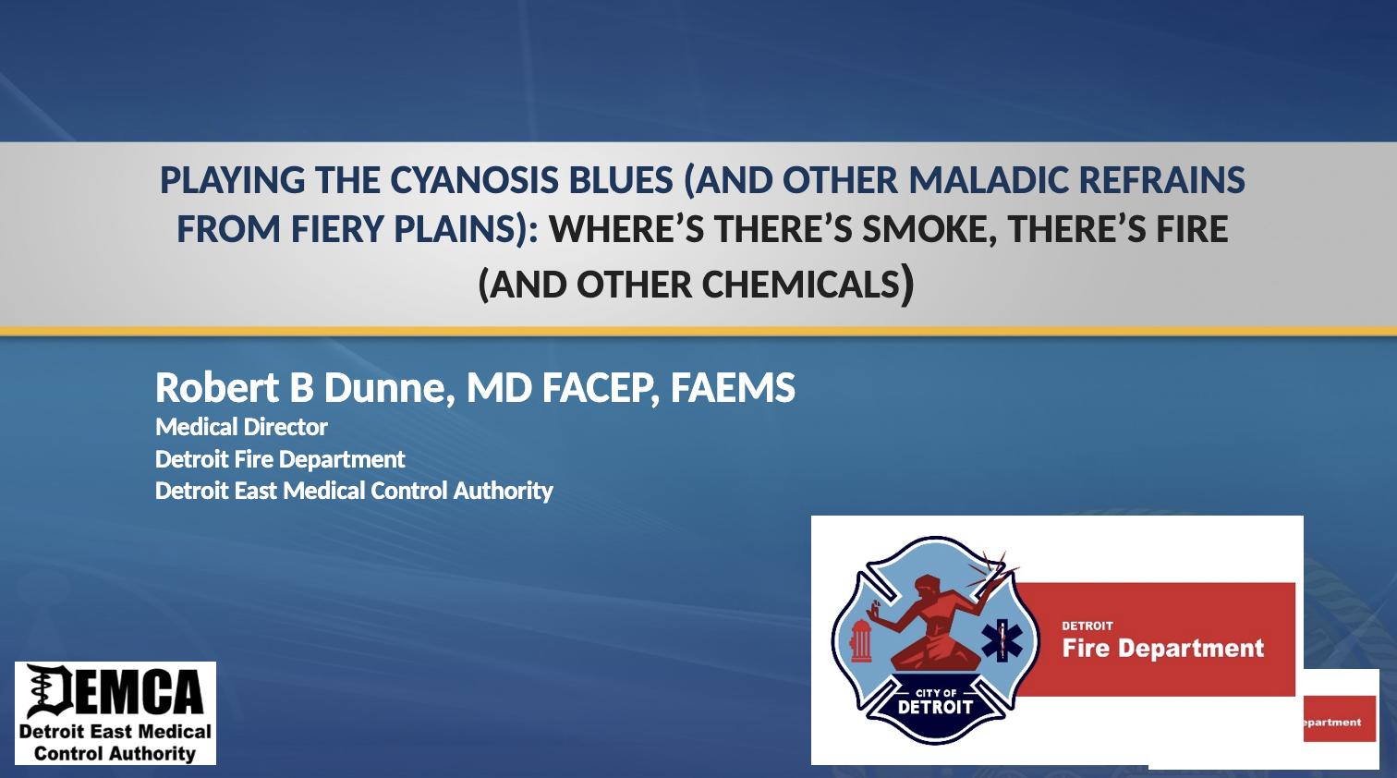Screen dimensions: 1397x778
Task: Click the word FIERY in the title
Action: (336, 229)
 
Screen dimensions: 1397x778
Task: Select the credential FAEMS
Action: (733, 387)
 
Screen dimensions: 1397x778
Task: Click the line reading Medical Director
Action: (241, 428)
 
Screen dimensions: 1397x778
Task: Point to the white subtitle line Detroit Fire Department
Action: (280, 460)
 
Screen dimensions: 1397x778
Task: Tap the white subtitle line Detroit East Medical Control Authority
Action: (354, 491)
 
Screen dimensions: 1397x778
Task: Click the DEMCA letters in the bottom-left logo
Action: (115, 691)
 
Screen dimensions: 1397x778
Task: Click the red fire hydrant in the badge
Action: (861, 640)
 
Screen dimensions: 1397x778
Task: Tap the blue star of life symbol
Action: (1002, 640)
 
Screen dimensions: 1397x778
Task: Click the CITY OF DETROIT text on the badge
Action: (935, 702)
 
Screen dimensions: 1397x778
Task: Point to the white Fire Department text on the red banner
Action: (1163, 649)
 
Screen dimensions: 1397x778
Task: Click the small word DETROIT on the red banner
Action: (1087, 626)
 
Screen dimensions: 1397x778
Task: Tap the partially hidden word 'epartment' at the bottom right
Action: (1332, 723)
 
